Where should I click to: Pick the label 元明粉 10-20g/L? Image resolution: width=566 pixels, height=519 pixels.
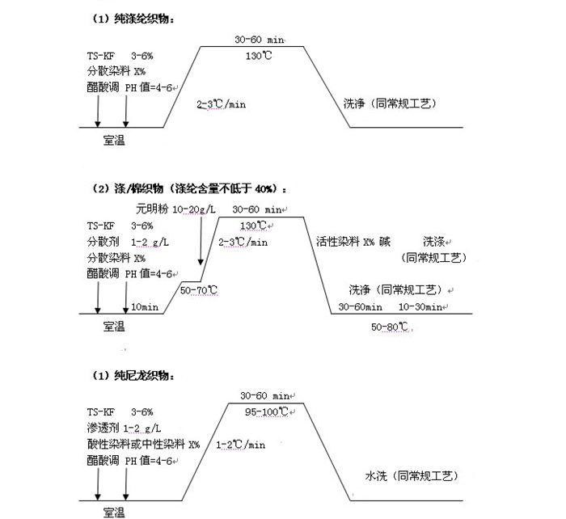click(175, 209)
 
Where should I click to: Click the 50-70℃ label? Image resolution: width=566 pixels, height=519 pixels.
click(199, 289)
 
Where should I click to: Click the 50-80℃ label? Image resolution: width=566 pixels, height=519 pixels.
click(391, 327)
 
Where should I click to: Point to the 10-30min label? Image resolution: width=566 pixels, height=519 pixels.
click(420, 307)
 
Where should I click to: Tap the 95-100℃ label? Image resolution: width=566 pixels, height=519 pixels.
click(267, 411)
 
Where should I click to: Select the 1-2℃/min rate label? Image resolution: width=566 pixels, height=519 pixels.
click(240, 445)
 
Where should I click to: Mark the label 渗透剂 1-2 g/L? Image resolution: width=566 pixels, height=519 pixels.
click(126, 428)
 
